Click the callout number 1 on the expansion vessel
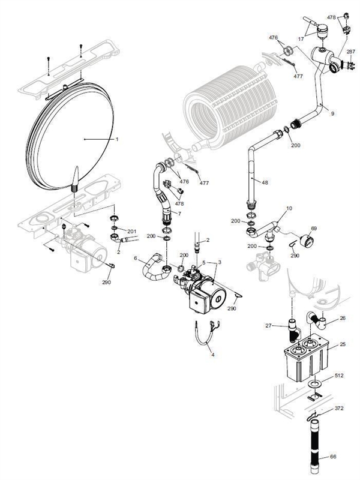(118, 139)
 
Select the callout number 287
(349, 52)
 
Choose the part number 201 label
(132, 231)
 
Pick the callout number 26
(342, 318)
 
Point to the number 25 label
(342, 345)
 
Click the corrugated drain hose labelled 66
(314, 447)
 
